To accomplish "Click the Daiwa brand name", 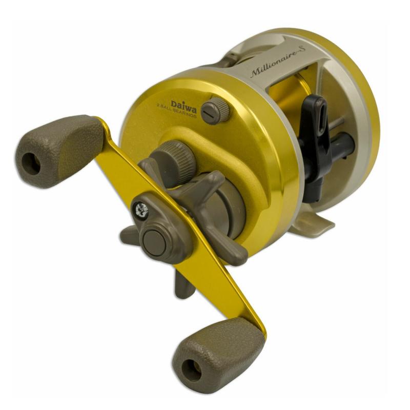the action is point(184,104).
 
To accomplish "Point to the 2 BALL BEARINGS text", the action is point(176,111).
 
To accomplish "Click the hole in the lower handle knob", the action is point(191,371).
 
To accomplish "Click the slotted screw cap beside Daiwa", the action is point(215,111).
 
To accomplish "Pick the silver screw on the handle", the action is point(142,210).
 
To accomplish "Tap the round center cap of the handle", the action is point(155,243).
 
